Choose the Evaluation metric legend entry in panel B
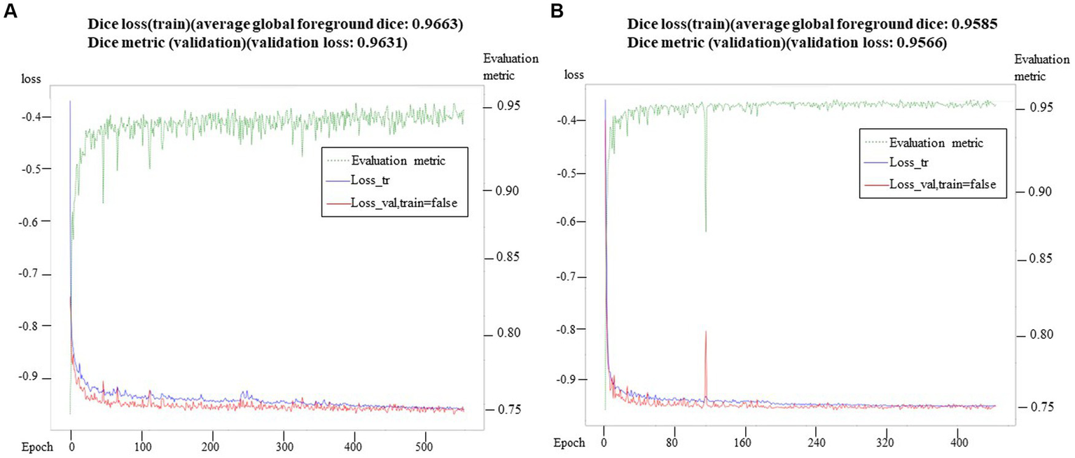(x=936, y=143)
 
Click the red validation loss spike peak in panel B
(x=706, y=331)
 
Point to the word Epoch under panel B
(x=569, y=443)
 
